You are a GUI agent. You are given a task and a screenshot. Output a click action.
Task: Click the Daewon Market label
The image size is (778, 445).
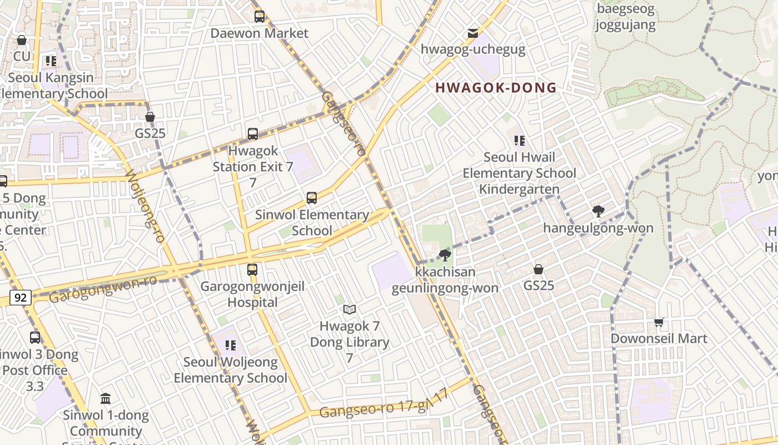click(x=259, y=33)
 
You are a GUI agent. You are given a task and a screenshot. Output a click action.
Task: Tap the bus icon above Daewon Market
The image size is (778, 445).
click(x=260, y=17)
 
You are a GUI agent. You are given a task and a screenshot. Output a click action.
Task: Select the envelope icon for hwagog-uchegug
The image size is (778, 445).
click(x=472, y=33)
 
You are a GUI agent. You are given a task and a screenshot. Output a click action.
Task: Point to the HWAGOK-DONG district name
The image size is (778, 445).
click(x=496, y=87)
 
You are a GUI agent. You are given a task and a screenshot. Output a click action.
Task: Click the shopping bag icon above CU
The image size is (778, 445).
click(x=22, y=40)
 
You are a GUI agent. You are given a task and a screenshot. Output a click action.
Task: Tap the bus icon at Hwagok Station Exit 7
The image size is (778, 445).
click(x=253, y=134)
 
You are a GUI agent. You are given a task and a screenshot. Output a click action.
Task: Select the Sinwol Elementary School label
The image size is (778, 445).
click(x=312, y=222)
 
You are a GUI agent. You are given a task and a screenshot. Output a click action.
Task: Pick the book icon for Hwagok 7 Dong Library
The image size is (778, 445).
click(x=349, y=309)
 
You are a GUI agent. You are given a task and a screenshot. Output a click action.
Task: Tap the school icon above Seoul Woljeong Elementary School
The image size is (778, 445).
click(x=231, y=345)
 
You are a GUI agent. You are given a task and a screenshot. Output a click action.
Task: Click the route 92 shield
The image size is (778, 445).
click(x=21, y=298)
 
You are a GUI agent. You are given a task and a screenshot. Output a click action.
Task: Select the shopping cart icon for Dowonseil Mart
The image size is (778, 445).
click(x=659, y=322)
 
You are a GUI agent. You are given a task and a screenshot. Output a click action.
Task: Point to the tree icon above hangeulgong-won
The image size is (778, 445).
click(x=598, y=211)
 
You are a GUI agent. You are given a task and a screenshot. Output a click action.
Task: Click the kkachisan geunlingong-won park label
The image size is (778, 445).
click(x=445, y=280)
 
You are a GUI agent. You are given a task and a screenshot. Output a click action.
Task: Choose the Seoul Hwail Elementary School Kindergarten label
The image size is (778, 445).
click(x=519, y=173)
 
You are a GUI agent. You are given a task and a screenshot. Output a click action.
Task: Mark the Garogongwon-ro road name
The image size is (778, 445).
click(x=103, y=289)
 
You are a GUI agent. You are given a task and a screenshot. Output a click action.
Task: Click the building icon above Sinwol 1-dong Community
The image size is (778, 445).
click(x=106, y=398)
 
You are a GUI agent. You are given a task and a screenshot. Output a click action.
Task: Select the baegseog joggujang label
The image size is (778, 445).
click(x=625, y=17)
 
